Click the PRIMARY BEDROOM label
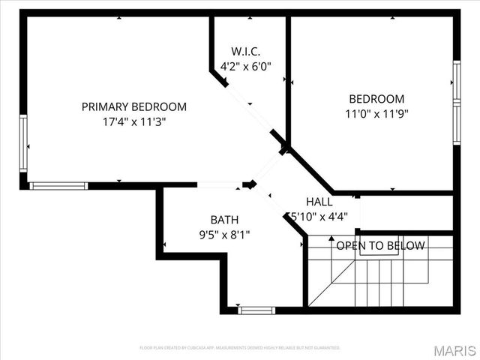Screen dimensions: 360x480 tap(133, 106)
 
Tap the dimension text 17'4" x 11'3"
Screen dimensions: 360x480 tap(133, 121)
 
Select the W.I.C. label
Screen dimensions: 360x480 tap(245, 51)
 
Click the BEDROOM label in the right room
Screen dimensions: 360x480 tap(376, 99)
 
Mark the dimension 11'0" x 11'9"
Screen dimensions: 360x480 tap(376, 114)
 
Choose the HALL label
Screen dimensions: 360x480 tap(319, 202)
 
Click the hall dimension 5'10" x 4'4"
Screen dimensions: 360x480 tap(318, 216)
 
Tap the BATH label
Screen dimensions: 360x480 tap(224, 220)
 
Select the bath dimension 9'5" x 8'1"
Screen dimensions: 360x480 tap(224, 234)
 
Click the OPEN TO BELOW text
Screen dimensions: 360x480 tap(380, 246)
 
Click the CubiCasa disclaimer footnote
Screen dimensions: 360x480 tap(240, 348)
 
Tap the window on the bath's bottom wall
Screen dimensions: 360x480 tap(256, 310)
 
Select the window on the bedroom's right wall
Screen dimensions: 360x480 tap(456, 102)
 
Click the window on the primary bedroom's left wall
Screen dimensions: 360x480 tap(23, 142)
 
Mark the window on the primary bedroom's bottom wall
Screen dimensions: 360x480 tap(58, 185)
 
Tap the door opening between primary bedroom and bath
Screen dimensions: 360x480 tap(219, 184)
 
